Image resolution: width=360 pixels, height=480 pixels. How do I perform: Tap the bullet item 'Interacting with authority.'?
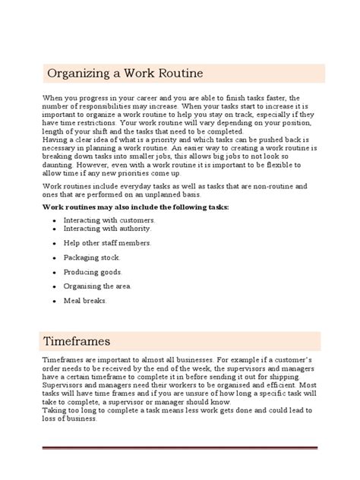pos(107,228)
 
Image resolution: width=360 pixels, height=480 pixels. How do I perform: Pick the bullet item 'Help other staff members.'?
pos(107,242)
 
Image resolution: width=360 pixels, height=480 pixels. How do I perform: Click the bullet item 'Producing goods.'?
pos(93,271)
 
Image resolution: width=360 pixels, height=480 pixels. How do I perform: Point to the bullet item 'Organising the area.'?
pos(98,286)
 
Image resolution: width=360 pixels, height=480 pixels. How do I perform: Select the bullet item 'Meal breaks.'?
pos(86,300)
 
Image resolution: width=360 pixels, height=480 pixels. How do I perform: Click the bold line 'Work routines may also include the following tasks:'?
pos(135,207)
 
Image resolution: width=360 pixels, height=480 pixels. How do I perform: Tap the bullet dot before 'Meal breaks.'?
pos(54,301)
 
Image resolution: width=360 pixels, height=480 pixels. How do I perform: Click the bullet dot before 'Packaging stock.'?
pos(54,257)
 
